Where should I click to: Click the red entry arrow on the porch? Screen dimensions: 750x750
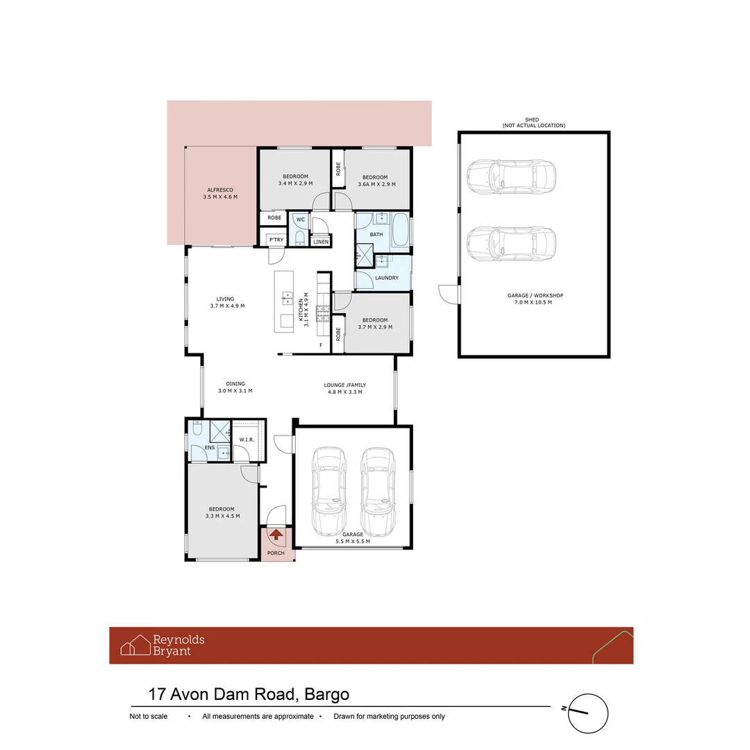click(276, 535)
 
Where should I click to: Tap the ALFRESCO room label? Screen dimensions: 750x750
click(220, 190)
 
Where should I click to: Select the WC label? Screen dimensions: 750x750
click(300, 219)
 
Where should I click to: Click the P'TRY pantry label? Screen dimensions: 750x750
click(276, 240)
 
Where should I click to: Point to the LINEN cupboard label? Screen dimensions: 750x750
click(320, 242)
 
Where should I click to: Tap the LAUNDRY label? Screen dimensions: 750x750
click(386, 278)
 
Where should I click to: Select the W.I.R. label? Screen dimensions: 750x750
click(247, 440)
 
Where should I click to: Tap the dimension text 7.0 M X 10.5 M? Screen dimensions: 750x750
click(535, 303)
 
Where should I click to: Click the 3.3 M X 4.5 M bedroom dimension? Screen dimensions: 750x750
click(222, 516)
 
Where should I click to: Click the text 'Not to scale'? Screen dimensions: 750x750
click(149, 717)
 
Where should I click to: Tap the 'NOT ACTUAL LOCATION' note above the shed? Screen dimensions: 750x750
click(534, 126)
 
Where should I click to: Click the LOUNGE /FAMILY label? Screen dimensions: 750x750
click(345, 385)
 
